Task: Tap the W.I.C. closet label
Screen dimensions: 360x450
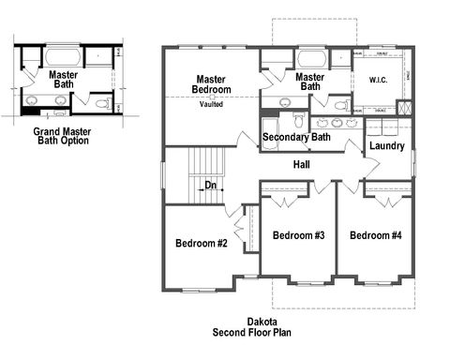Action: click(379, 80)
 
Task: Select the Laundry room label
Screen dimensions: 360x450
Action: click(386, 146)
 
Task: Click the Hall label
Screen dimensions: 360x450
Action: click(301, 165)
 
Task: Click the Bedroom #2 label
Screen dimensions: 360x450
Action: click(202, 244)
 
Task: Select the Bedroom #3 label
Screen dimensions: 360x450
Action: click(298, 235)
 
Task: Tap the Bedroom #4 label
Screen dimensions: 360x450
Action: click(375, 235)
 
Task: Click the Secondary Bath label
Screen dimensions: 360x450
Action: click(296, 138)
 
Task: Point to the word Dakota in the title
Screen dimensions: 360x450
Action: click(262, 322)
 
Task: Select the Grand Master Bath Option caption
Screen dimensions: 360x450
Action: click(61, 137)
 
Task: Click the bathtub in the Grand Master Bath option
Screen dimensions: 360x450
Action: click(63, 54)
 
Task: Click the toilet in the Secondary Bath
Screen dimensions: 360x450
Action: click(297, 119)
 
